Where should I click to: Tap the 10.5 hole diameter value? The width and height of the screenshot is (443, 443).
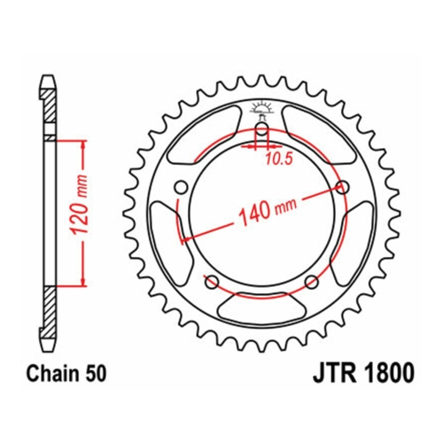coord(279,159)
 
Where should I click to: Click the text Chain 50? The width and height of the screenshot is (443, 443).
coord(66,374)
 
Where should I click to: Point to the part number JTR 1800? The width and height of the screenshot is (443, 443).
coord(363,374)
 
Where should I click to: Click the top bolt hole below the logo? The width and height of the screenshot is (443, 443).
coord(261,128)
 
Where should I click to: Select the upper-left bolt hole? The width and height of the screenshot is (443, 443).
coord(181,187)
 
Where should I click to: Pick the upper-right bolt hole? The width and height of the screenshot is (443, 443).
coord(343,187)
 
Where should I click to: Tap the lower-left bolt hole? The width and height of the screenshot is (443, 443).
coord(212,282)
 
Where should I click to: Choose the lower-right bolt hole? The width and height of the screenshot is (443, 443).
coord(312,282)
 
